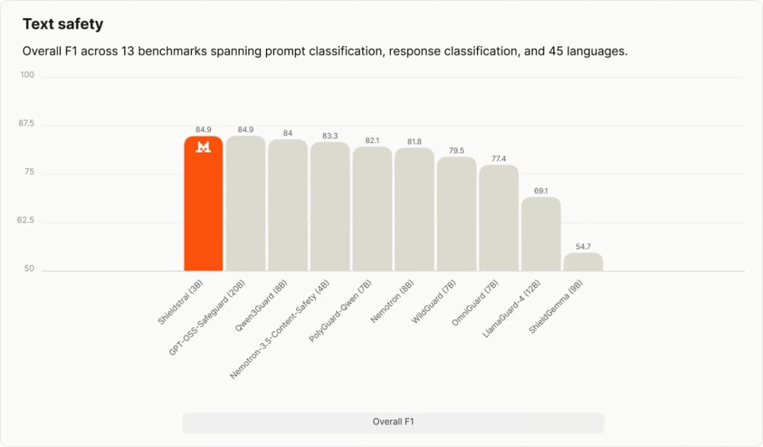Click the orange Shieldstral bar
coord(203,203)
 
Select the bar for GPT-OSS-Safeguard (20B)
coord(245,203)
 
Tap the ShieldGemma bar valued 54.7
coord(583,262)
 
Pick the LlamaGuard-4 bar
coord(541,234)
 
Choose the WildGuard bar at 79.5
coord(457,214)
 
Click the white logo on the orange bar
coord(203,147)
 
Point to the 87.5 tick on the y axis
coord(26,123)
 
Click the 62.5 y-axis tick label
coord(25,220)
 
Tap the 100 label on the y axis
coord(27,74)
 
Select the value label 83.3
coord(330,136)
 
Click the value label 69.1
coord(541,191)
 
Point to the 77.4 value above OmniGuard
coord(498,159)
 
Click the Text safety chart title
coord(63,24)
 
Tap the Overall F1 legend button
coord(394,422)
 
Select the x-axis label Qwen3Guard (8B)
coord(261,306)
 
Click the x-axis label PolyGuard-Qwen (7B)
coord(340,311)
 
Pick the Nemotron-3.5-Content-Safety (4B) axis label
coord(280,329)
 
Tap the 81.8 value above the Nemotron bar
coord(414,141)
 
